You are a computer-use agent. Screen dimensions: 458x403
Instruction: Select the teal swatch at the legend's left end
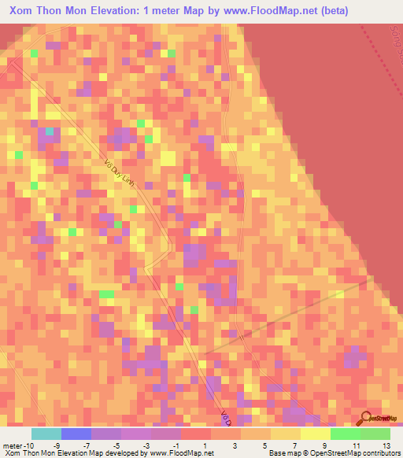(x=46, y=434)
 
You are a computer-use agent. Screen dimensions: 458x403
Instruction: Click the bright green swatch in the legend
(x=346, y=434)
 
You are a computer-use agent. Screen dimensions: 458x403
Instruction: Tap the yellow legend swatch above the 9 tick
(x=316, y=434)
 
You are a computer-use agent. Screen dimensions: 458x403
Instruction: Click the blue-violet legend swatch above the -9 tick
(x=76, y=434)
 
